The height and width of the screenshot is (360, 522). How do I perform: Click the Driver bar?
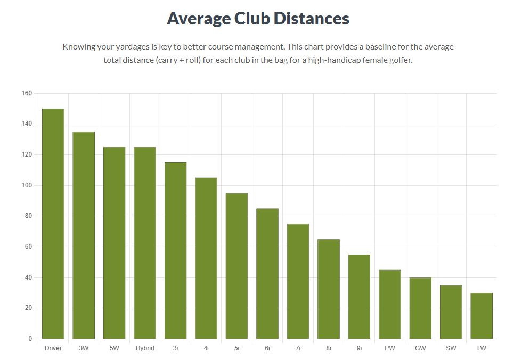coord(53,224)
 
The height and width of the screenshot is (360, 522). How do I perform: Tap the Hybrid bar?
coord(145,243)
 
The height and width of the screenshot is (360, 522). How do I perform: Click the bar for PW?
coord(390,304)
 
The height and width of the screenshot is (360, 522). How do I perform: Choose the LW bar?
coord(482,316)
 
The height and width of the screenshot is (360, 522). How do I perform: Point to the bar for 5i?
coord(236,266)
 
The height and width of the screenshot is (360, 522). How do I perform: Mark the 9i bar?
coord(359,297)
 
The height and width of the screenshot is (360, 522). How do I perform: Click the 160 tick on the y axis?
coord(27,94)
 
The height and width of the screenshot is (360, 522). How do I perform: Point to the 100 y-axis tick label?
coord(27,186)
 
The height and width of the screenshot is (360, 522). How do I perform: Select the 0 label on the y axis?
coord(30,339)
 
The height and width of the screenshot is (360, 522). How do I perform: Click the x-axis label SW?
coord(451,348)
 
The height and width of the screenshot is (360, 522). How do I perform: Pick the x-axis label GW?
coord(420,348)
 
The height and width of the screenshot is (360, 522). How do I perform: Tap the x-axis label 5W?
coord(114,348)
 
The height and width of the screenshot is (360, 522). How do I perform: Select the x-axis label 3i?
coord(175,348)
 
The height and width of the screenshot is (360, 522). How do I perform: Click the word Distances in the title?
coord(311,19)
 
